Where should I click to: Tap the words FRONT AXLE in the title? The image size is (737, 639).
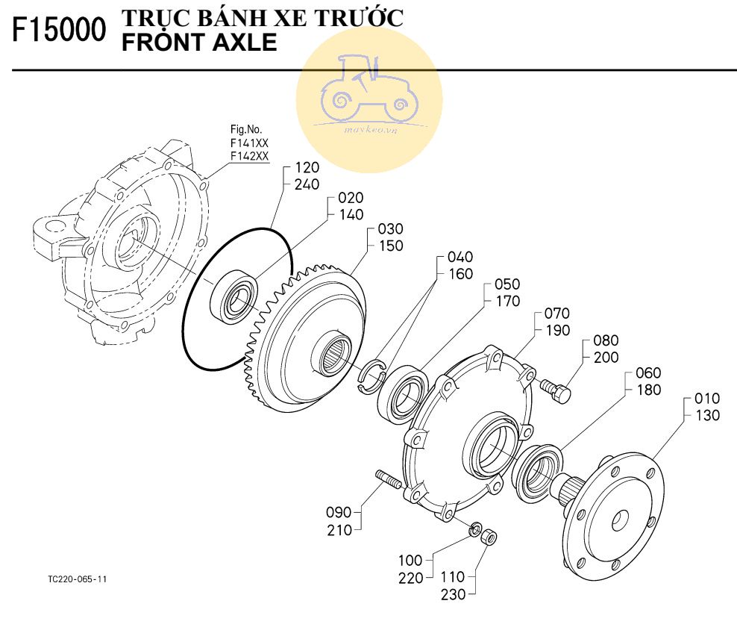tap(198, 43)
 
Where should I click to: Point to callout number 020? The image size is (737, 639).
tap(351, 198)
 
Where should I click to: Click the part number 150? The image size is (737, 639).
tap(391, 246)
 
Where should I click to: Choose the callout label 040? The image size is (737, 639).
tap(460, 257)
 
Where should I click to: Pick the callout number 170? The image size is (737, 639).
tap(507, 302)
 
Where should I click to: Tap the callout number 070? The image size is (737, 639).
tap(557, 314)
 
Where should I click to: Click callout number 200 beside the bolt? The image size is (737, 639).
tap(606, 357)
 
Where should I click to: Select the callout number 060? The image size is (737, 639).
tap(647, 373)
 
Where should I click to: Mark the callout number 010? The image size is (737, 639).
tap(706, 398)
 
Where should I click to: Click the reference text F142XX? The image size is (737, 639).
tap(249, 155)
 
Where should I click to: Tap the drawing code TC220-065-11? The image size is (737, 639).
tap(78, 579)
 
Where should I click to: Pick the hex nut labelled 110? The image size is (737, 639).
tap(489, 536)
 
